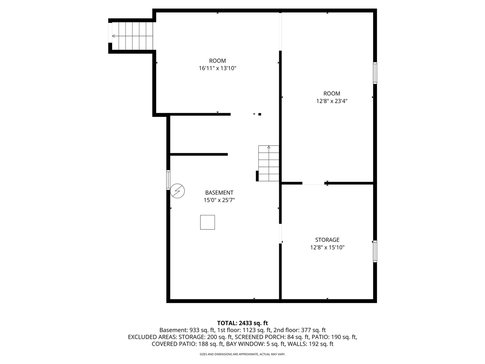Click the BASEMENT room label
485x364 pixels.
coord(219,193)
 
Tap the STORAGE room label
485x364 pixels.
coord(327,240)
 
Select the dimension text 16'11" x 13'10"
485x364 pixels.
coord(217,68)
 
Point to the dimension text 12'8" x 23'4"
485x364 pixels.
coord(332,101)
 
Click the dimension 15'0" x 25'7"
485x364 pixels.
coord(219,200)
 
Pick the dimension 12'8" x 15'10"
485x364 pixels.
coord(327,247)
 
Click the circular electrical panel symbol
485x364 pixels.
coord(177,191)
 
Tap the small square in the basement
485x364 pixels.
coord(207,222)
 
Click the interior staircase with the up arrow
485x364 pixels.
coord(269,163)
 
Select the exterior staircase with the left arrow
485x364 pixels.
coord(133,36)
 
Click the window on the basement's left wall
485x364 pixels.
coord(168,180)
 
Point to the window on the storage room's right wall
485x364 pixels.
coord(375,251)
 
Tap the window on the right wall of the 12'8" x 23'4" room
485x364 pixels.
coord(375,73)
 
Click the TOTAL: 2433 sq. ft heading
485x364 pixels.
coord(242,323)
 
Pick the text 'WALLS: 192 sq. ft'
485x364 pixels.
coord(310,344)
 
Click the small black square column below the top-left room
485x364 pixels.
coord(260,114)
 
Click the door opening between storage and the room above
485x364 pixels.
coord(313,184)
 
